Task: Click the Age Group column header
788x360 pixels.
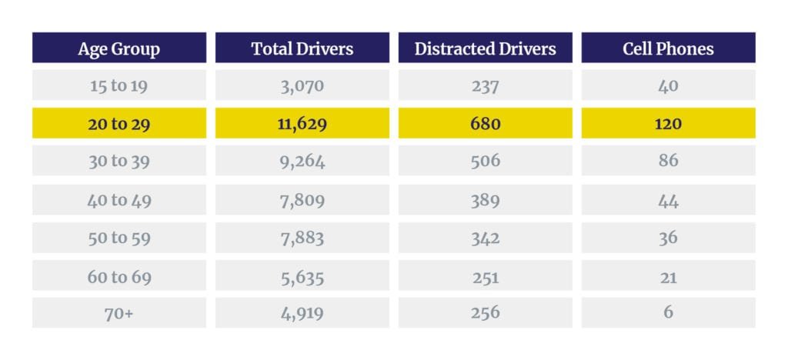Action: (119, 48)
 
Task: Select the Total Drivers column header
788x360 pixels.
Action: (302, 48)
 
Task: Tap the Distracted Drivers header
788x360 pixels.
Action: (485, 48)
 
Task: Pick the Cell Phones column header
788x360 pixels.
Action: (668, 48)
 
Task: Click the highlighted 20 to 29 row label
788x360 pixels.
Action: (119, 123)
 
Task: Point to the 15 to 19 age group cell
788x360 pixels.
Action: (119, 85)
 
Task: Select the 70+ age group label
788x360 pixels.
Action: (119, 312)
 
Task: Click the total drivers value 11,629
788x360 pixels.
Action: (302, 123)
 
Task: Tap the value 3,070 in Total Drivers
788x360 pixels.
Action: (302, 85)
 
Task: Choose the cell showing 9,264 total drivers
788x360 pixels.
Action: (302, 161)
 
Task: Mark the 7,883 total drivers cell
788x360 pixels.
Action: (302, 237)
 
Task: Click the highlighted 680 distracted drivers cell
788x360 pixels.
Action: (485, 123)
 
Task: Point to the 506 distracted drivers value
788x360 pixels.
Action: (485, 161)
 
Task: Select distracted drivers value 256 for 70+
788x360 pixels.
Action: (485, 312)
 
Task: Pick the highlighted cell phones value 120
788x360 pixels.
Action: (668, 123)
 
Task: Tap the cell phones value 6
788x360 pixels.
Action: (668, 312)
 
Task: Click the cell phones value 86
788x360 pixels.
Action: (668, 161)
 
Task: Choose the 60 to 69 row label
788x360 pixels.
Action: (119, 275)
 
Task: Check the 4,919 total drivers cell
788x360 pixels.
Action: (302, 312)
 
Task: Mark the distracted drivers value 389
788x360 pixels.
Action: (485, 199)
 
